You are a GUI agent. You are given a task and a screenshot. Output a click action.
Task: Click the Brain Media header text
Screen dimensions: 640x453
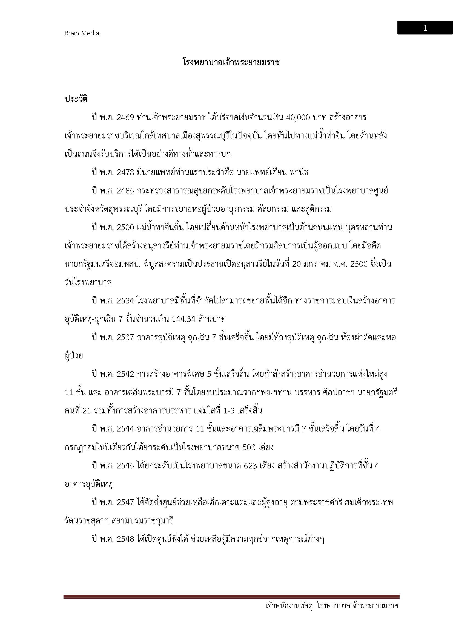[82, 33]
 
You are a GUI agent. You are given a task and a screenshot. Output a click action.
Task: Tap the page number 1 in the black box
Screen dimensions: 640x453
[425, 28]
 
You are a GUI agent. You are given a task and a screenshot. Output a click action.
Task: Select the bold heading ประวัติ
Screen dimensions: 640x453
[76, 99]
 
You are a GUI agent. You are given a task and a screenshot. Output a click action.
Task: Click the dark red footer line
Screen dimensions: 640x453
[231, 597]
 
